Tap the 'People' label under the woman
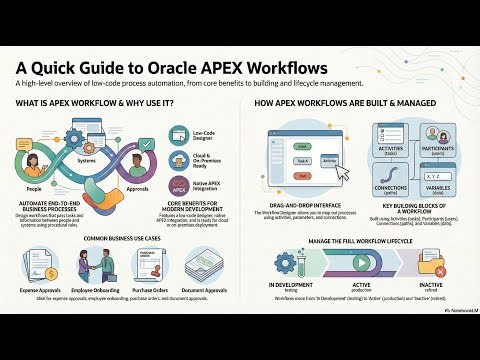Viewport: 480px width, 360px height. pos(34,186)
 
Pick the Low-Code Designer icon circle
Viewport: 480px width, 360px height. pos(177,133)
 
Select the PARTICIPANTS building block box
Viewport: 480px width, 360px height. pos(441,141)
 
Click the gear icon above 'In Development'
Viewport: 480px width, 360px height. pos(290,263)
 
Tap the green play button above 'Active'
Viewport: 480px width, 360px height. pos(366,263)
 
